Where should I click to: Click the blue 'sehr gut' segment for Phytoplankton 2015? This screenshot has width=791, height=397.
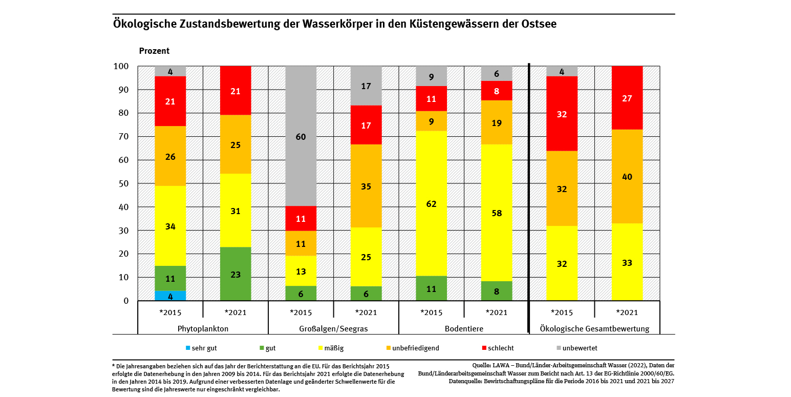coord(170,296)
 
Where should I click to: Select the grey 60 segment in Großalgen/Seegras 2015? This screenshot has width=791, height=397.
coord(301,136)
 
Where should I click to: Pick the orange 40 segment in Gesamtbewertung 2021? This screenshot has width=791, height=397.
coord(627,176)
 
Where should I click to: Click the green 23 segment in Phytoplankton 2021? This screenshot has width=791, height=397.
coord(236,274)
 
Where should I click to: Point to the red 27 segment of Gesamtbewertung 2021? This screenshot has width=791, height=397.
coord(627,98)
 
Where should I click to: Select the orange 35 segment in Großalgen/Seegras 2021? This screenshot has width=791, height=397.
coord(366,186)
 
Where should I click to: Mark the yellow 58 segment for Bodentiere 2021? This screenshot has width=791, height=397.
coord(497,213)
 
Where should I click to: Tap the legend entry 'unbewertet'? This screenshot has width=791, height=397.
coord(580,348)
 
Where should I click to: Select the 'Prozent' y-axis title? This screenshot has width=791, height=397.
coord(154,51)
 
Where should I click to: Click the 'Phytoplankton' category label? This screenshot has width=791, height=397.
coord(203,329)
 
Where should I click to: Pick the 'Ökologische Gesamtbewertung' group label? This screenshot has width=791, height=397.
coord(594,329)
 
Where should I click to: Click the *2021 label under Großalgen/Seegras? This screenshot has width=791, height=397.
coord(366,312)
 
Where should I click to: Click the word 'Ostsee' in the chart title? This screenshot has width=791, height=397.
coord(541,24)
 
